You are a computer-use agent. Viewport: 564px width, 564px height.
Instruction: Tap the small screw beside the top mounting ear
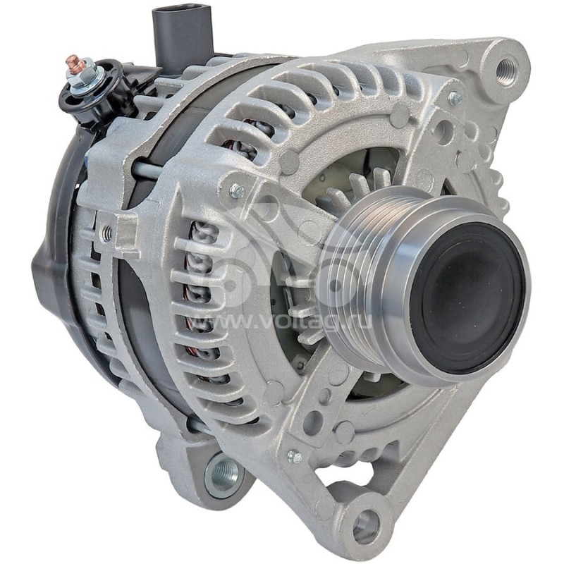coord(456,98)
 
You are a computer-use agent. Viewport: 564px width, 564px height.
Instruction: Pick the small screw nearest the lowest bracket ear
coord(294,456)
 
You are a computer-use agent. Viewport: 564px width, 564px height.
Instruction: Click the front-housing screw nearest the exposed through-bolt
coord(238,190)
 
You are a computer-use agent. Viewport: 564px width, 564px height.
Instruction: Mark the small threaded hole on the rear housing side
coord(106,232)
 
